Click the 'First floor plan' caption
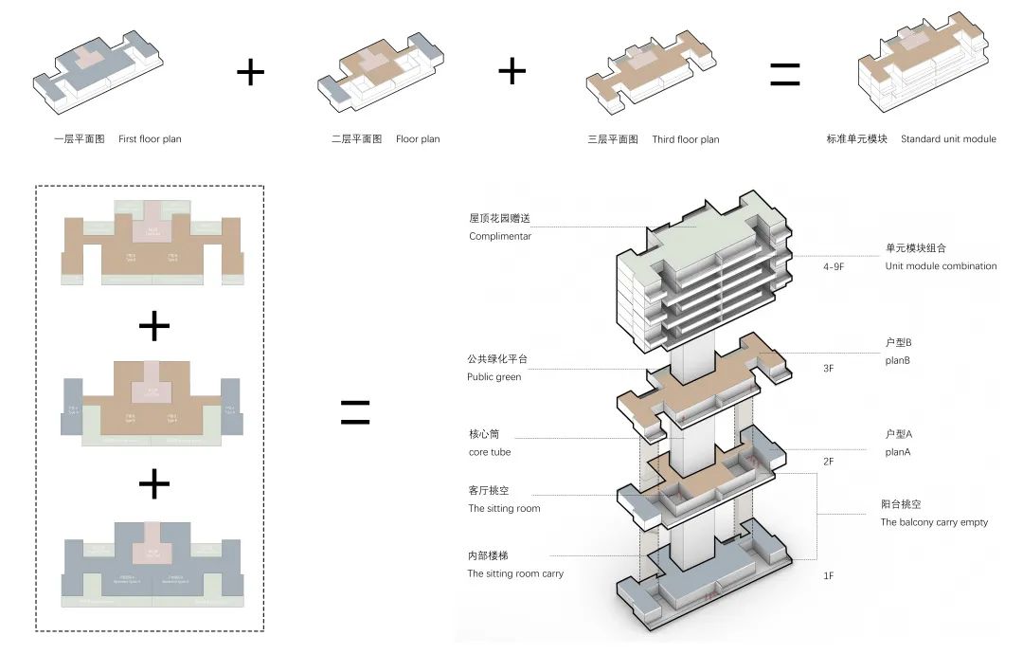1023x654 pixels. pyautogui.click(x=150, y=139)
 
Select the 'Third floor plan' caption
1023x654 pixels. pyautogui.click(x=685, y=139)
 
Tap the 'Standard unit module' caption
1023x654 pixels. pyautogui.click(x=948, y=139)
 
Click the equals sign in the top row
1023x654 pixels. pyautogui.click(x=784, y=75)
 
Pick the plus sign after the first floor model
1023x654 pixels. pyautogui.click(x=250, y=72)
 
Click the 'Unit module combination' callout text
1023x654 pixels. pyautogui.click(x=941, y=266)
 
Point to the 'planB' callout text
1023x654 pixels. pyautogui.click(x=900, y=360)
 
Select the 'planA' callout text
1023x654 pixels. pyautogui.click(x=900, y=452)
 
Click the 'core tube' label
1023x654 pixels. pyautogui.click(x=490, y=452)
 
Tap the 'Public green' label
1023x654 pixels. pyautogui.click(x=494, y=376)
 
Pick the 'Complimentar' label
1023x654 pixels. pyautogui.click(x=500, y=236)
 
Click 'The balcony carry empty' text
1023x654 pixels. pyautogui.click(x=934, y=522)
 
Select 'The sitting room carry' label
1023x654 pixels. pyautogui.click(x=515, y=573)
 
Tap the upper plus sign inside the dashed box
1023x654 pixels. pyautogui.click(x=153, y=326)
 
